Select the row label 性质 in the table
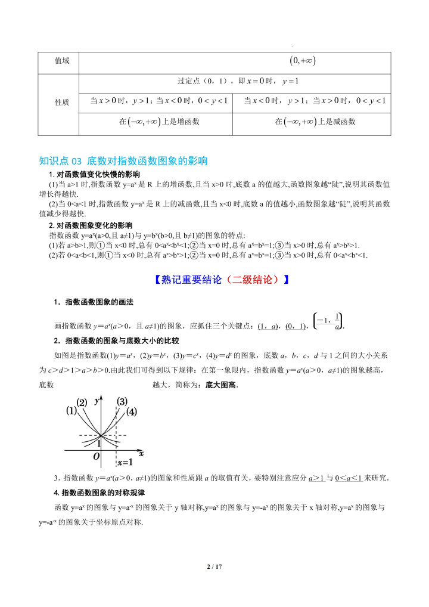click(x=62, y=103)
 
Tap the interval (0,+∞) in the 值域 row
click(x=302, y=60)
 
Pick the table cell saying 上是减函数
click(x=315, y=122)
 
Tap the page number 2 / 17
click(x=214, y=566)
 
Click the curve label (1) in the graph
click(x=71, y=410)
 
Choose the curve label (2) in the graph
click(x=82, y=401)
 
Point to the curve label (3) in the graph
click(x=122, y=401)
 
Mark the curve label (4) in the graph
click(x=132, y=411)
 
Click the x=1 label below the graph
click(x=124, y=462)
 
